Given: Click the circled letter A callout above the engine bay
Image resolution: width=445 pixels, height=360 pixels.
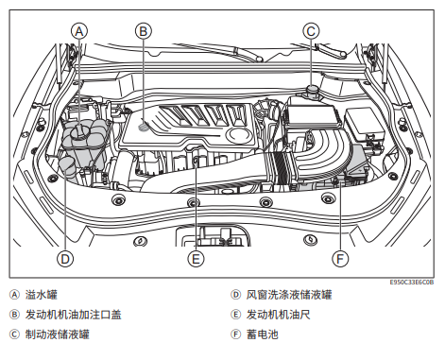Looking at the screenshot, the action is (x=79, y=31).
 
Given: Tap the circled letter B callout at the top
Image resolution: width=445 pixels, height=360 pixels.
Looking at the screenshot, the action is (x=144, y=31).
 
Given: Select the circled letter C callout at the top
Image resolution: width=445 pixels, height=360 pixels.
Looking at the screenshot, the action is (x=311, y=31).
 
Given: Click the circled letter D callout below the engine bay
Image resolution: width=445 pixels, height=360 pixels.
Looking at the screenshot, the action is (x=65, y=259).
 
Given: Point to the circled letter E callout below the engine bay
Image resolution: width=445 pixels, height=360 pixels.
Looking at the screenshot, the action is (x=196, y=259).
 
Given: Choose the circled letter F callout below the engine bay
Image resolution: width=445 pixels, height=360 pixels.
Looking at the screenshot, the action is (x=340, y=259).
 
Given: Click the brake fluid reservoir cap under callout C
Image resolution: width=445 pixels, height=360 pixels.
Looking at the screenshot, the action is (x=313, y=91).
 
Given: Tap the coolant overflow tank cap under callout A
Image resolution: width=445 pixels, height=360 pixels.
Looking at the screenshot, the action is (x=79, y=131).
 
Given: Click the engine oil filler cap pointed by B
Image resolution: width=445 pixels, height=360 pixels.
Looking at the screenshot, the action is (x=144, y=126).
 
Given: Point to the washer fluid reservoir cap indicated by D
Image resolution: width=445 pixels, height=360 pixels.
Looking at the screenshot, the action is (x=66, y=163).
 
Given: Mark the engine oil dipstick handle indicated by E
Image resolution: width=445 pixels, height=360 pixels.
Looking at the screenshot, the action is (x=196, y=161).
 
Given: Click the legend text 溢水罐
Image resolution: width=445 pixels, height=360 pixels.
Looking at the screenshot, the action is (x=42, y=295).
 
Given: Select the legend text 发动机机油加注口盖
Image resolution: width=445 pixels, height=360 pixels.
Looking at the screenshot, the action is (x=74, y=315).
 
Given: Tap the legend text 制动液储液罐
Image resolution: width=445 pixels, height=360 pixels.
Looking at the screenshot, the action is (x=58, y=334).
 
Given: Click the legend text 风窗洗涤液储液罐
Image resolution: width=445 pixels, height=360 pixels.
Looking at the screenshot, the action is (x=289, y=295).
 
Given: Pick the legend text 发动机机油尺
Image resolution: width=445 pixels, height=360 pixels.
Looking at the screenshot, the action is (x=279, y=315).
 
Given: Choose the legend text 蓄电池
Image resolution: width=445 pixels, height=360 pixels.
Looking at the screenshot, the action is (x=263, y=334).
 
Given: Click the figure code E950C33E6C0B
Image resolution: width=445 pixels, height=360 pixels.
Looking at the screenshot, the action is (x=412, y=283).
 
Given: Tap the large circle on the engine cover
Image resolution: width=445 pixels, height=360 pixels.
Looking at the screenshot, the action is (x=239, y=134).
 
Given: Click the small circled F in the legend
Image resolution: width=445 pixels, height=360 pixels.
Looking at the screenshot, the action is (x=235, y=334).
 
